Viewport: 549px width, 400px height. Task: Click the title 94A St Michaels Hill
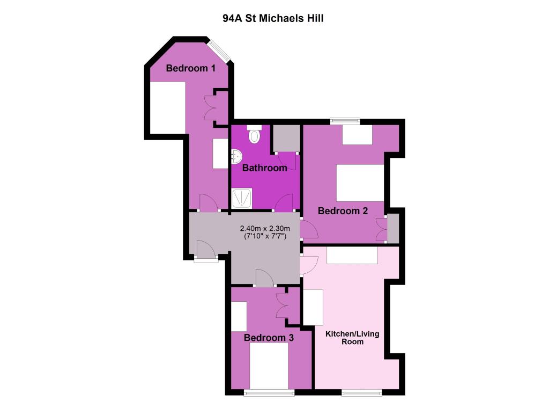pyautogui.click(x=273, y=18)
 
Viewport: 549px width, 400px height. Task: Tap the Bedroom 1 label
pyautogui.click(x=190, y=68)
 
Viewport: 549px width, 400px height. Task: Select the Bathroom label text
pyautogui.click(x=265, y=168)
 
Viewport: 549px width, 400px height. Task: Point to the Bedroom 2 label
pyautogui.click(x=343, y=211)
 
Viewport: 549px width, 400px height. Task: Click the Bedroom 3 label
pyautogui.click(x=269, y=338)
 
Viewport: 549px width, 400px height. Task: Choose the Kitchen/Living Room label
pyautogui.click(x=352, y=338)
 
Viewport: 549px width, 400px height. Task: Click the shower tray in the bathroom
pyautogui.click(x=242, y=198)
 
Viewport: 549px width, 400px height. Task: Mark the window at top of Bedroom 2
pyautogui.click(x=345, y=120)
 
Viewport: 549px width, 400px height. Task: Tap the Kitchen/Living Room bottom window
pyautogui.click(x=361, y=391)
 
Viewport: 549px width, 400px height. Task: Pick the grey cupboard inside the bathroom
pyautogui.click(x=285, y=139)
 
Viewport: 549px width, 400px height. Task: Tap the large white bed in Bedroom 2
pyautogui.click(x=360, y=183)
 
